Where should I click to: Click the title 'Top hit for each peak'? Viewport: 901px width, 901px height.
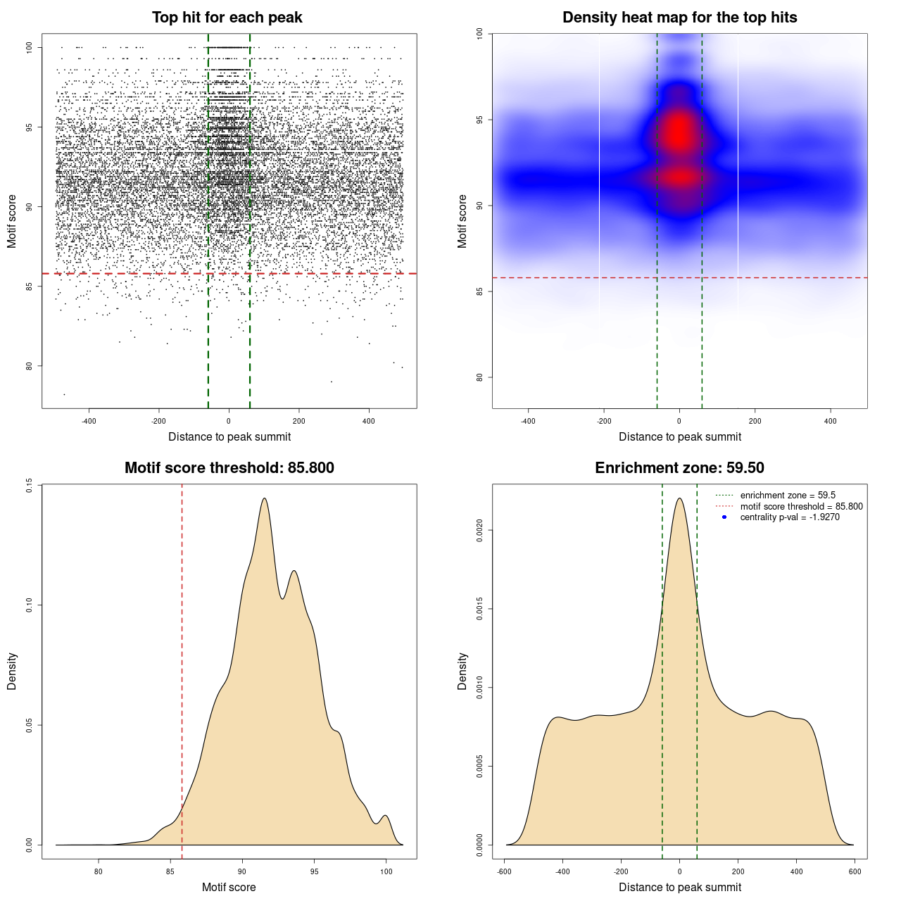tap(227, 18)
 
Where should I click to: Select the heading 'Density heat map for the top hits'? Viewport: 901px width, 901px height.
tap(679, 18)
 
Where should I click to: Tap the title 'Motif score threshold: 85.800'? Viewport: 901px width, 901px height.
tap(229, 468)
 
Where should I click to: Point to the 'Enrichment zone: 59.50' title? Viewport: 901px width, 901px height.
tap(679, 468)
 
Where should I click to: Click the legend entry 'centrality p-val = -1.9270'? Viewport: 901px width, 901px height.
tap(790, 517)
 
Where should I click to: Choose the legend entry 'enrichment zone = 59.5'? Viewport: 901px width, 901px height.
tap(788, 496)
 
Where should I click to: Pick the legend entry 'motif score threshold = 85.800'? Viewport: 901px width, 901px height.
tap(801, 507)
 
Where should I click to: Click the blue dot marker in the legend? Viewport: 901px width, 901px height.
tap(724, 517)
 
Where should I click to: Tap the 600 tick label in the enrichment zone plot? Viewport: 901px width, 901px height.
tap(855, 871)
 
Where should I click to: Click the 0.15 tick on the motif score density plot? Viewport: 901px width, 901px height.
tap(29, 485)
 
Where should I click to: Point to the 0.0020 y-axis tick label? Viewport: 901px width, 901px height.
tap(479, 530)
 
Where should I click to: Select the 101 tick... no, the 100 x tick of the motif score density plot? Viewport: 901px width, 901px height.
tap(386, 871)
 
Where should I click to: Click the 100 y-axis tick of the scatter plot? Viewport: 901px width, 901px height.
tap(29, 47)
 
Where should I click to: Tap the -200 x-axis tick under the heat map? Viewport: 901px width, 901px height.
tap(603, 421)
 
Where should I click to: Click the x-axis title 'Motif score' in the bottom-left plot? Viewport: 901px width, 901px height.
tap(229, 887)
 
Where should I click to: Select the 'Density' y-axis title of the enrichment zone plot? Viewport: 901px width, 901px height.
tap(462, 671)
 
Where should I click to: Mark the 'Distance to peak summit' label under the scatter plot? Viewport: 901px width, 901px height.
tap(229, 436)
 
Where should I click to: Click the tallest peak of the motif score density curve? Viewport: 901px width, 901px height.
tap(264, 498)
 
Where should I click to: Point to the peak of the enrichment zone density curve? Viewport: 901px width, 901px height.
tap(679, 498)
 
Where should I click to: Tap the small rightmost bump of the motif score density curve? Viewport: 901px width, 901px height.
tap(385, 816)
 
